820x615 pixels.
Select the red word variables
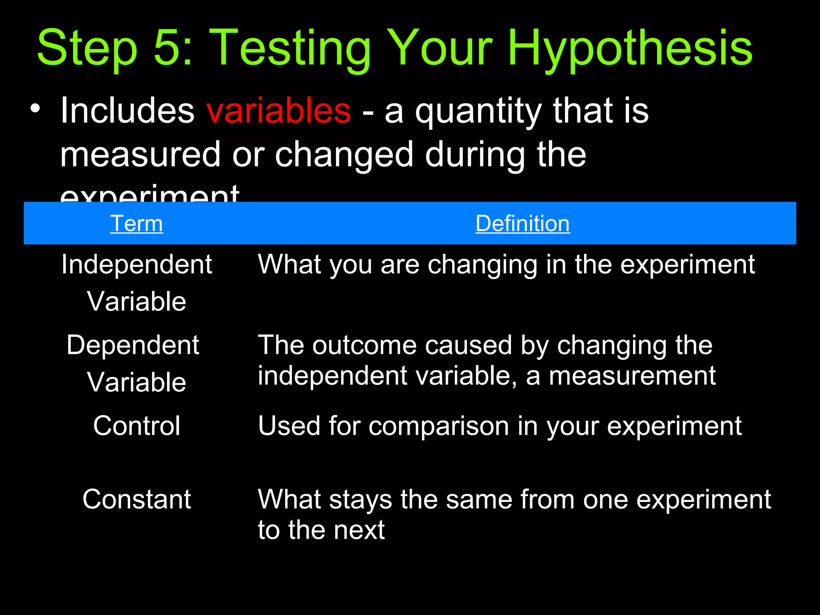(x=279, y=111)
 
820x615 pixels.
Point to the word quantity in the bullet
(x=478, y=112)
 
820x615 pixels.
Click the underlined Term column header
(x=137, y=223)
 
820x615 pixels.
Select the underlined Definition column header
(x=523, y=223)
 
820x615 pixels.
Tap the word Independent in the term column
(x=137, y=265)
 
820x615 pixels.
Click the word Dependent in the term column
(x=133, y=345)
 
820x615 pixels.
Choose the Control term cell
(x=137, y=426)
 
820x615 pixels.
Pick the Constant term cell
(x=137, y=499)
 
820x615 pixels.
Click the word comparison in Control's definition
(x=438, y=426)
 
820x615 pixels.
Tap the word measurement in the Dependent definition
(x=632, y=376)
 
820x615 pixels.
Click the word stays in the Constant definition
(x=360, y=500)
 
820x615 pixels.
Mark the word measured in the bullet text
(x=140, y=155)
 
